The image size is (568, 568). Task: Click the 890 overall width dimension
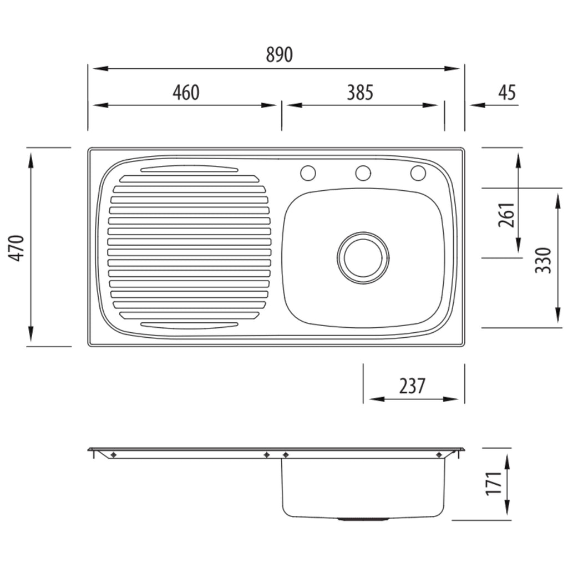pos(279,55)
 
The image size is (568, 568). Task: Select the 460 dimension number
pos(186,93)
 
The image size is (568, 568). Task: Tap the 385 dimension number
pos(360,93)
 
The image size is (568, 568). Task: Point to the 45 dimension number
pos(507,93)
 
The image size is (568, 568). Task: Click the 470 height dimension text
pos(17,248)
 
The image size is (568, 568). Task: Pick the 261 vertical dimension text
pos(506,215)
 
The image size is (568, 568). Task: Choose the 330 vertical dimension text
pos(543,260)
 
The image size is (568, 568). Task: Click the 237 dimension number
pos(412,386)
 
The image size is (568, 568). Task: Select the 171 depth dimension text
pos(494,483)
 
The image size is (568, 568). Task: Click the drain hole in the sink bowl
pos(363,257)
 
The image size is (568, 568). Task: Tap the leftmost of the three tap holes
pos(308,173)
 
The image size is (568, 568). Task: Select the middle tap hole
pos(363,173)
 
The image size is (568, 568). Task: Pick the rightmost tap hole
pos(418,173)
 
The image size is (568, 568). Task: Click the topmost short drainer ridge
pos(190,169)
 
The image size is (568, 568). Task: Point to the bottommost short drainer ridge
pos(190,325)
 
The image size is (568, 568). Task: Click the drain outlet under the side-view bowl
pos(363,519)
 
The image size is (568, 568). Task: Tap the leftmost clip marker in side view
pos(113,455)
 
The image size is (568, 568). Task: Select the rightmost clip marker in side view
pos(439,455)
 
